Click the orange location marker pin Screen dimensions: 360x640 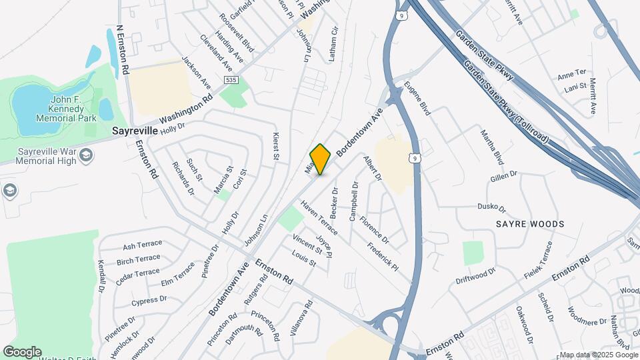[x=321, y=159]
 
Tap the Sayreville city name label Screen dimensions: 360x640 [x=134, y=131]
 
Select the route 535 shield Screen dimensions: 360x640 [x=231, y=80]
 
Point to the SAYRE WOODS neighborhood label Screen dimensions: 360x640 [x=530, y=224]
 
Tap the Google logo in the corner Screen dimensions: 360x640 [x=22, y=352]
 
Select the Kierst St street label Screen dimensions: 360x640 [x=276, y=146]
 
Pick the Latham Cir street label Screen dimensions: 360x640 [x=335, y=45]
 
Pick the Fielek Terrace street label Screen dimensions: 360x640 [x=538, y=259]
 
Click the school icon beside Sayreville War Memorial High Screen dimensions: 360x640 [x=85, y=155]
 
